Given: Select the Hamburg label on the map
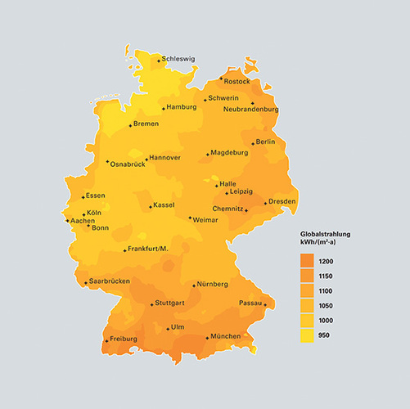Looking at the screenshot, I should click(182, 107).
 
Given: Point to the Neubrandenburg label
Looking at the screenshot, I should click(251, 109).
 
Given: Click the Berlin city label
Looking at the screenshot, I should click(265, 142).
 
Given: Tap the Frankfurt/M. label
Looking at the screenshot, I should click(148, 249).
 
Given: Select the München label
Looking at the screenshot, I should click(225, 336).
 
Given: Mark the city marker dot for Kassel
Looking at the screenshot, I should click(150, 208).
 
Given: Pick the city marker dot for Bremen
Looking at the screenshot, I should click(131, 126).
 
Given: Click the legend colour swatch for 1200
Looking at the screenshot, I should click(308, 260).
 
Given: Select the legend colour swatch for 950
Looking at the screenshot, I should click(308, 335).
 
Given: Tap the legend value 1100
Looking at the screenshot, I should click(326, 290).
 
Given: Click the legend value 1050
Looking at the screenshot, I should click(326, 305).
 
